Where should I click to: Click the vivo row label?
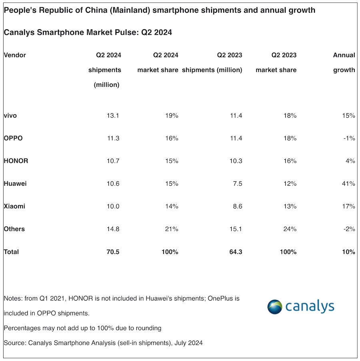pos(10,116)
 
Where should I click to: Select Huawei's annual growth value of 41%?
pos(349,184)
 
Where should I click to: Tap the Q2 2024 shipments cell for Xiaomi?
pos(112,207)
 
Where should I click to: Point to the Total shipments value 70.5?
pos(112,252)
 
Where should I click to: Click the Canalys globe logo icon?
pos(276,307)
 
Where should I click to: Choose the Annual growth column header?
pos(344,62)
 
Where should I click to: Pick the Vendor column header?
pos(15,55)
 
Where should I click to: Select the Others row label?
pos(14,229)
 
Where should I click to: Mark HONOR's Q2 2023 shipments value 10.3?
pos(234,161)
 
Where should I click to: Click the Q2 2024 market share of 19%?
pos(171,116)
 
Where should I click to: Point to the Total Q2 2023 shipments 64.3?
pos(234,252)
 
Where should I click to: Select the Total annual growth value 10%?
pos(348,252)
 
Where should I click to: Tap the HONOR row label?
pos(16,161)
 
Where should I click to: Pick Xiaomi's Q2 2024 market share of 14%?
pos(171,207)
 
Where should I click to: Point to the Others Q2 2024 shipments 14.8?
pos(112,229)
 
